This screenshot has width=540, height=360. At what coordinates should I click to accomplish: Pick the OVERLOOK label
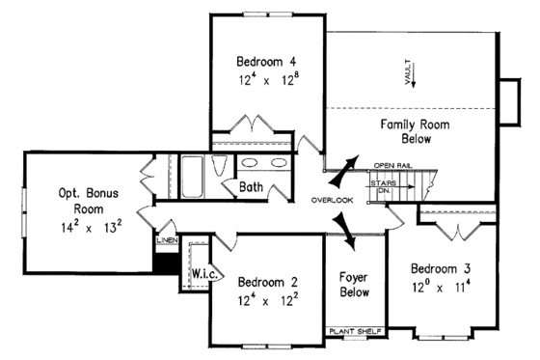point(333,200)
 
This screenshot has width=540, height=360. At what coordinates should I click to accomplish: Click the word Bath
point(252,186)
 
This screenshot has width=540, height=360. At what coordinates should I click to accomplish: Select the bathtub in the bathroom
point(192,175)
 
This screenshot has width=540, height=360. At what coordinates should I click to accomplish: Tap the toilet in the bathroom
point(219,164)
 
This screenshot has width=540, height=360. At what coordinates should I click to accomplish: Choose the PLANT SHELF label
point(355,331)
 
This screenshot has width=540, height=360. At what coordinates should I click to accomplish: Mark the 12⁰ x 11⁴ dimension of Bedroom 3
point(439,286)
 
